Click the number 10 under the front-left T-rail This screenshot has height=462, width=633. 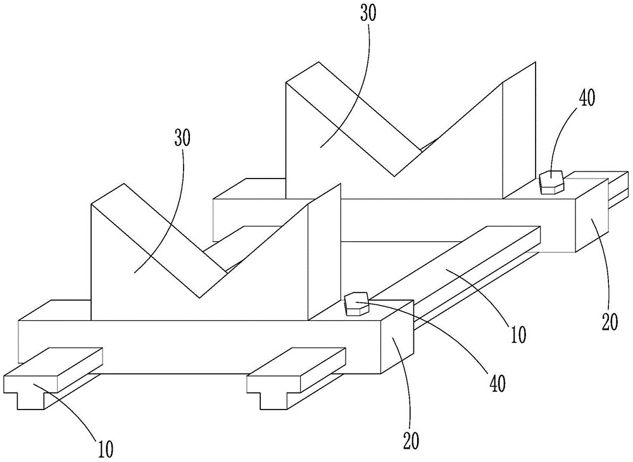click(x=106, y=449)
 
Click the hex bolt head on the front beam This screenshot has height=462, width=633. click(x=356, y=303)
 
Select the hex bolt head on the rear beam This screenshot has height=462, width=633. click(x=551, y=182)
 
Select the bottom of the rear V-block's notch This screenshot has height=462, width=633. click(x=396, y=173)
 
